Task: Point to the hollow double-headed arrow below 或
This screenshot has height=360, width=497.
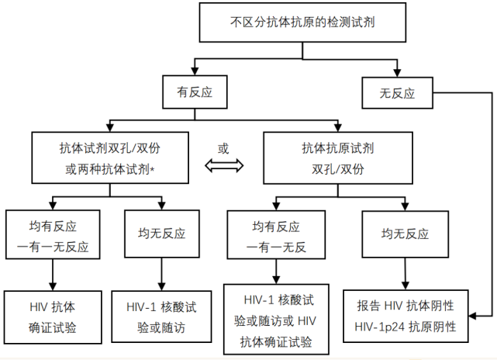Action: (224, 165)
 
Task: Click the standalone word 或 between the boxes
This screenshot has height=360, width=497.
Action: (223, 148)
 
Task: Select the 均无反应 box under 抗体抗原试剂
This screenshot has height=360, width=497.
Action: (404, 233)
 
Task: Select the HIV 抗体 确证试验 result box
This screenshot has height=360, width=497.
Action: (53, 316)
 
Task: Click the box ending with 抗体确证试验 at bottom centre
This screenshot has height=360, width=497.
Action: (275, 320)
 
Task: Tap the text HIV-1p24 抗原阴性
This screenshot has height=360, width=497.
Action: (406, 327)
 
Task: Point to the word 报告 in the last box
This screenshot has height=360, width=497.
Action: (369, 305)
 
